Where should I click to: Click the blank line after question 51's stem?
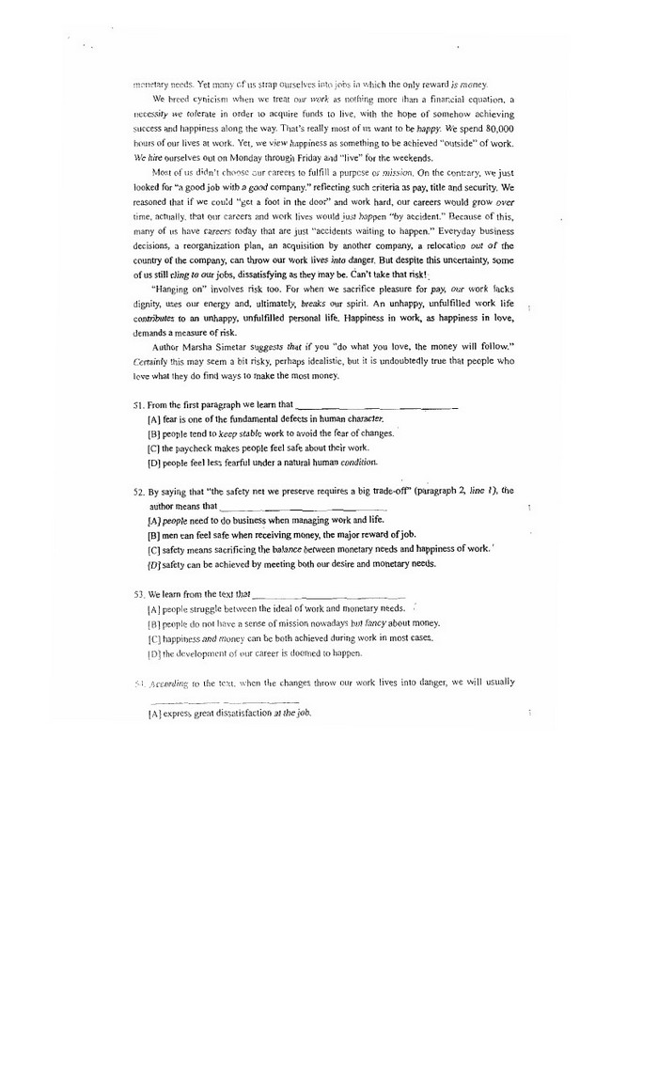pos(376,407)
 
